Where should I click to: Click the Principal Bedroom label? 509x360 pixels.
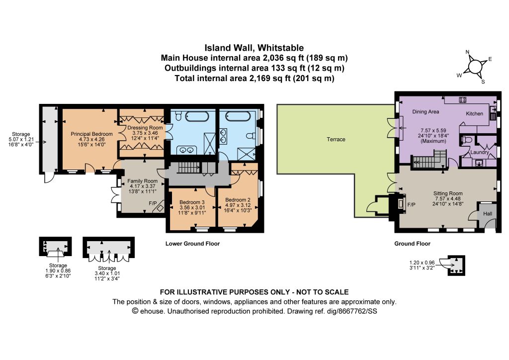point(91,134)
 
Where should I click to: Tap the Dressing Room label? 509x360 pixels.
point(145,128)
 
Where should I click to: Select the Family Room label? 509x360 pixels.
point(143,181)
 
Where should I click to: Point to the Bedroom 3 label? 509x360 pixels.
point(192,202)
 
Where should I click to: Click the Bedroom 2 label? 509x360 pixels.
point(238,199)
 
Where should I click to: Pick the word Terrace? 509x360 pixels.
point(336,139)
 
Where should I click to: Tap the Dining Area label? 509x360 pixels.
point(425,112)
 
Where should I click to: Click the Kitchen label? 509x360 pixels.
point(475,113)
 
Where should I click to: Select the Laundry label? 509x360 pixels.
point(480,152)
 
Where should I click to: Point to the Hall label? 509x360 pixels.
point(488,214)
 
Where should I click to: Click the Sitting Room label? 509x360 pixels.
point(448,193)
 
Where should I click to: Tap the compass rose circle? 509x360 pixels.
point(475,67)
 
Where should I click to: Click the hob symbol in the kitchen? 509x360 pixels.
point(463,100)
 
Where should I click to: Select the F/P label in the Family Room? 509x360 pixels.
point(153,203)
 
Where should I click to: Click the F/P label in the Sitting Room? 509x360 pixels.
point(411,205)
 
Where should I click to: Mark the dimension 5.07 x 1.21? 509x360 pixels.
point(21,139)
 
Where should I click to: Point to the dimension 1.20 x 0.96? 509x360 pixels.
point(422,263)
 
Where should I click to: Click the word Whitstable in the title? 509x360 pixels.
point(280,48)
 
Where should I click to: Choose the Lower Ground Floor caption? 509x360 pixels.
point(192,244)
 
